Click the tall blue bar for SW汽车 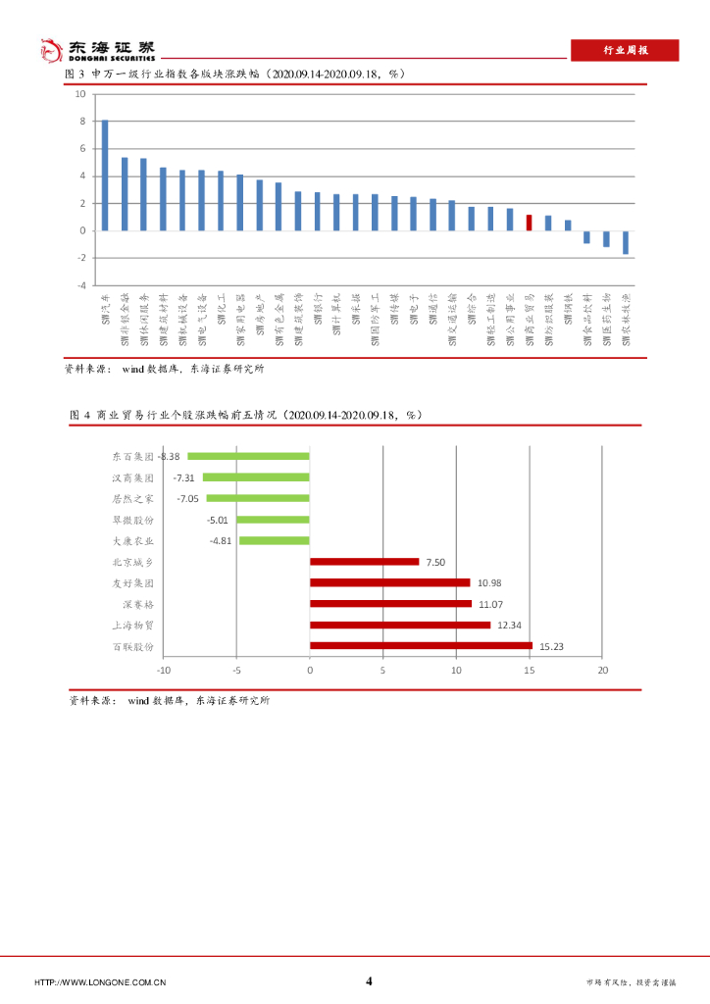coord(105,176)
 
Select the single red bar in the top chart coord(529,223)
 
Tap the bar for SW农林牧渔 coord(625,242)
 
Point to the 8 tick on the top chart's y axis coord(81,122)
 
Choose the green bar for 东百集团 coord(248,456)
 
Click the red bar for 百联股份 coord(421,645)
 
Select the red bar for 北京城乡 coord(364,562)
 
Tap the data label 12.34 coord(510,625)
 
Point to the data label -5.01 coord(218,520)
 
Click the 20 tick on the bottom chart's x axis coord(602,670)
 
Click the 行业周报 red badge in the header coord(625,50)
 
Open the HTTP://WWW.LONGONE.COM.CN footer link coord(100,982)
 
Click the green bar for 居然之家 coord(258,498)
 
